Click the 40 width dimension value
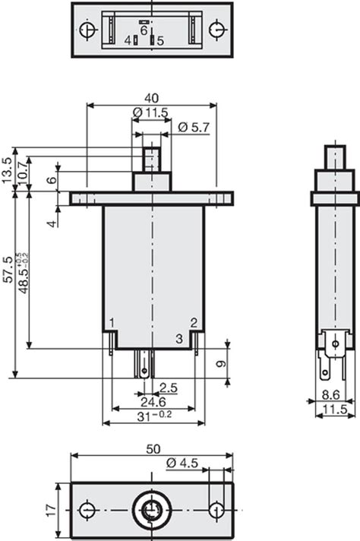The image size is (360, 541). point(151,98)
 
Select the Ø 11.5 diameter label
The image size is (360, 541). point(150,112)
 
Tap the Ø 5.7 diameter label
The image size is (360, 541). point(194,128)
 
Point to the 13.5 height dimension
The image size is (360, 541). point(7,170)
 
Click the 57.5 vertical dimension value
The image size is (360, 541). point(8,269)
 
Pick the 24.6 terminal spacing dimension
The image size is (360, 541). point(153,402)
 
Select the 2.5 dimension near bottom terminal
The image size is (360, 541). point(169,388)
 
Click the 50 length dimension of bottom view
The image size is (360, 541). point(153,449)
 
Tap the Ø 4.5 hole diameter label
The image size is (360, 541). point(182,463)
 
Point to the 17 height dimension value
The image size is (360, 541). point(52,510)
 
